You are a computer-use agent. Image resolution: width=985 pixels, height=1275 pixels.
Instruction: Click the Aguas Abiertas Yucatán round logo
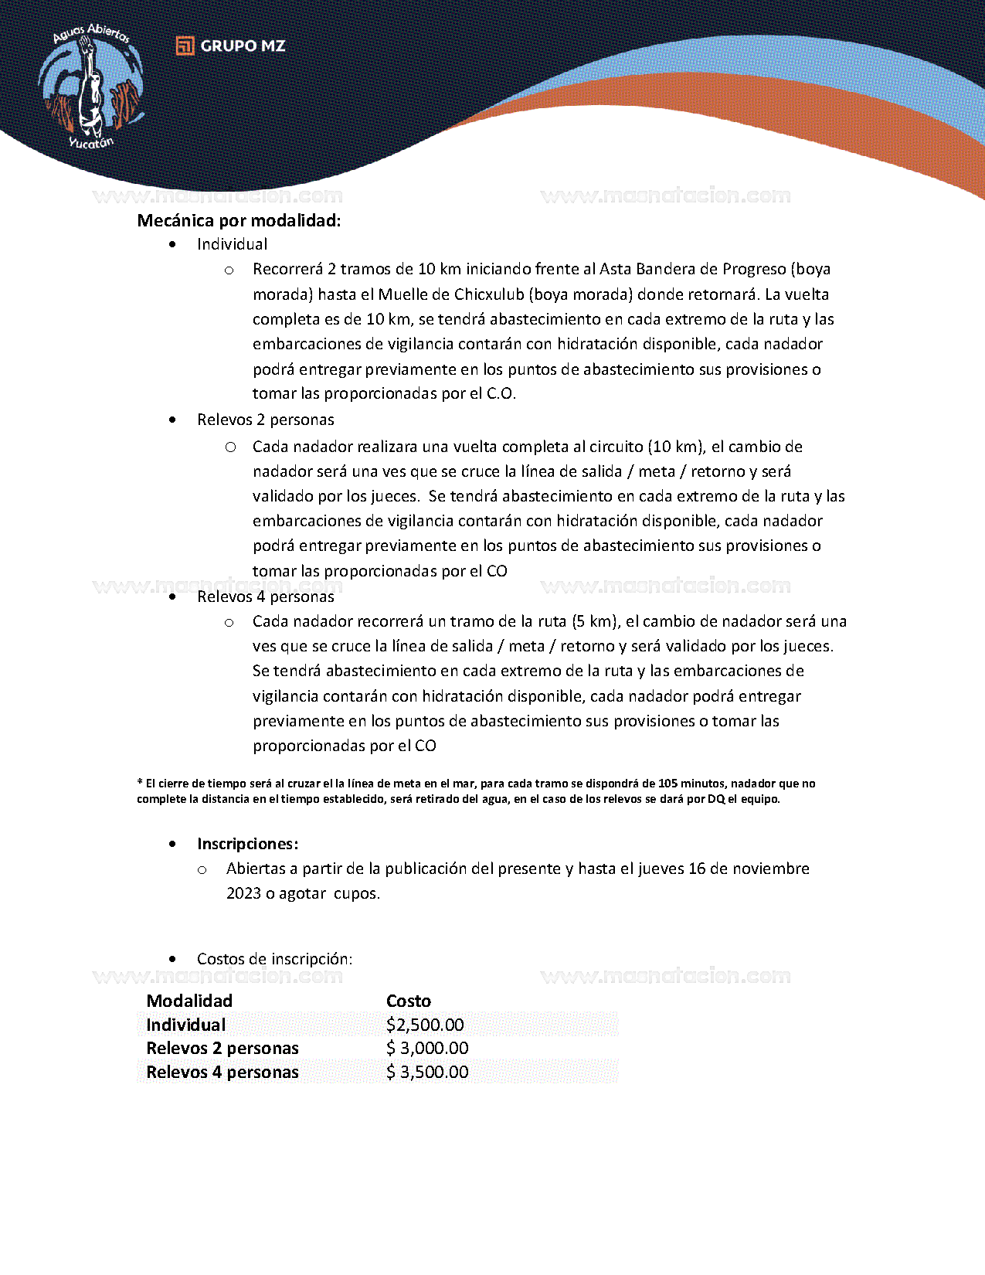click(91, 87)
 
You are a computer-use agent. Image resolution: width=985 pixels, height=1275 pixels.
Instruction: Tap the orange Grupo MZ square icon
click(185, 46)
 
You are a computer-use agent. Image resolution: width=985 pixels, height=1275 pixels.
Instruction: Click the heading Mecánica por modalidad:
click(239, 221)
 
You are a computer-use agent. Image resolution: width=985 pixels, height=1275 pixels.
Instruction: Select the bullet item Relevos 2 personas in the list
click(265, 420)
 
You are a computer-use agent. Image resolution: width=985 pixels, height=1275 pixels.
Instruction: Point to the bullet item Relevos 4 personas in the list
click(265, 597)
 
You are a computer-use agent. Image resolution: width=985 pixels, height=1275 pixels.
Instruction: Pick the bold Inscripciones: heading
click(247, 844)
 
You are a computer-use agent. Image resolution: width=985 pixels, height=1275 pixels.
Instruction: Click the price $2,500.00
click(425, 1025)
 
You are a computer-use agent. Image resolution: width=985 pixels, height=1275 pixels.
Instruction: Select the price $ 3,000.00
click(427, 1049)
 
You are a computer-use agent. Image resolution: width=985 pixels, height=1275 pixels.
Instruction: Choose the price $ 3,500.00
click(427, 1073)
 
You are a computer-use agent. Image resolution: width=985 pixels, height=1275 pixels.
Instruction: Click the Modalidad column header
click(189, 1001)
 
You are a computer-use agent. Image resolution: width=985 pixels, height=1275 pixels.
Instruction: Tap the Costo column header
click(409, 1001)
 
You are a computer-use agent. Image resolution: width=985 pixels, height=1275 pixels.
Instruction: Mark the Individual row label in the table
click(186, 1025)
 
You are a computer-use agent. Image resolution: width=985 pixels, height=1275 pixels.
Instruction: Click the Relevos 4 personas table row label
click(222, 1073)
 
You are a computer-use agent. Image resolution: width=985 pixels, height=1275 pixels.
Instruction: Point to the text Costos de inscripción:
click(274, 959)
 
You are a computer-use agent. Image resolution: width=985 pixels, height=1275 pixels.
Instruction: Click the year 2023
click(243, 893)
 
